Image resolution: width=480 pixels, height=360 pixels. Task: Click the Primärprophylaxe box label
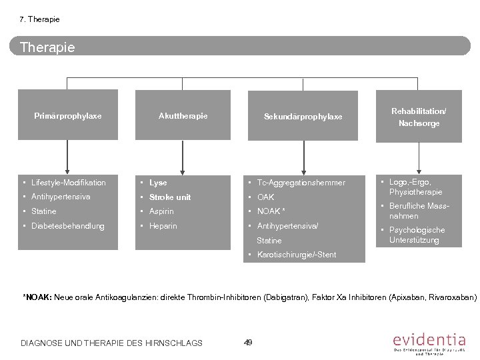tap(67, 116)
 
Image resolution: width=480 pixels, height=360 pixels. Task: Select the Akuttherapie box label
tap(183, 116)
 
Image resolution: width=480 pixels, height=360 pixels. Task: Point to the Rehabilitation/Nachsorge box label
tap(419, 117)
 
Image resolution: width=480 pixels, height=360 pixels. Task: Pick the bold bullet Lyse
tap(158, 183)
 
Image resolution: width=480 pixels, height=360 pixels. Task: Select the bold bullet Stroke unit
tap(169, 197)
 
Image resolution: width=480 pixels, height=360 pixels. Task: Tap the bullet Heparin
tap(163, 226)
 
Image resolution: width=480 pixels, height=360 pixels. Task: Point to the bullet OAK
tap(265, 197)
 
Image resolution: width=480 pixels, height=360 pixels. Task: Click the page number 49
tap(248, 341)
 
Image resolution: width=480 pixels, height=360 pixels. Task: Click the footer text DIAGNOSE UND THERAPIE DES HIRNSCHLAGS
tap(111, 343)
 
